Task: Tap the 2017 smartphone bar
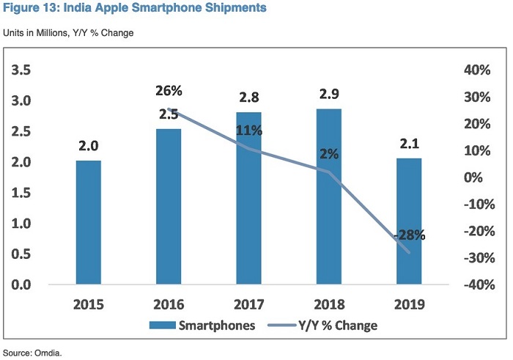(x=248, y=198)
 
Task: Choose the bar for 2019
(x=409, y=221)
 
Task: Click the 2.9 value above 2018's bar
(x=330, y=95)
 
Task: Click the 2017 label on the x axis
(x=249, y=304)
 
